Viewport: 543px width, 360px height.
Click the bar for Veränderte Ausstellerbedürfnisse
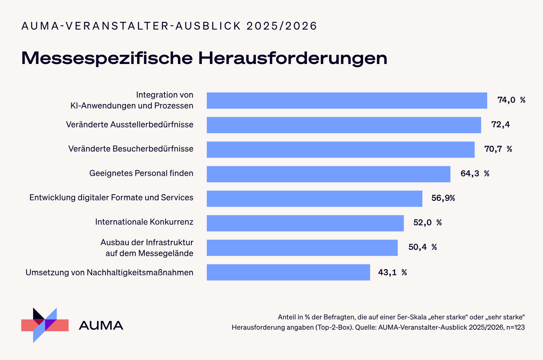click(x=344, y=125)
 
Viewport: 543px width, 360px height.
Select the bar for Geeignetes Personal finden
click(x=328, y=174)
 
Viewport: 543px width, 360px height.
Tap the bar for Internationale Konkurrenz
click(x=305, y=223)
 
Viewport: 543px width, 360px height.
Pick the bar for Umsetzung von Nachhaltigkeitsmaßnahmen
click(x=288, y=272)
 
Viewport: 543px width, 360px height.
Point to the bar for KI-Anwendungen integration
click(x=347, y=101)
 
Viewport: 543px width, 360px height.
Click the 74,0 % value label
click(x=511, y=100)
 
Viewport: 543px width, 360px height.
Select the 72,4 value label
click(x=500, y=124)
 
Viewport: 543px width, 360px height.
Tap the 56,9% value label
click(x=443, y=198)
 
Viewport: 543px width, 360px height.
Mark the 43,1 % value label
click(x=392, y=273)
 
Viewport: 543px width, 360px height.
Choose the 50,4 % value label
click(x=422, y=247)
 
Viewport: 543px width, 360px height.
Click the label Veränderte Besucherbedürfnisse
click(x=131, y=149)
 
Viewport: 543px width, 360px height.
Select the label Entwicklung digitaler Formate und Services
click(x=111, y=198)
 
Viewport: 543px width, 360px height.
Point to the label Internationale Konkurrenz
click(x=144, y=222)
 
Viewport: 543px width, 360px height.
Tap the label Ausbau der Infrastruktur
click(x=147, y=242)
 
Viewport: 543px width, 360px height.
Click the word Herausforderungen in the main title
click(x=293, y=58)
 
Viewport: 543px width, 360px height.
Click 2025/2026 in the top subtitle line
click(x=282, y=26)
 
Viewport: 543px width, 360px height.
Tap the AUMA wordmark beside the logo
click(x=101, y=325)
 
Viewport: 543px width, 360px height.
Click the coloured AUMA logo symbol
click(x=45, y=325)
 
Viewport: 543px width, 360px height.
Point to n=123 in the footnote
click(x=515, y=327)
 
